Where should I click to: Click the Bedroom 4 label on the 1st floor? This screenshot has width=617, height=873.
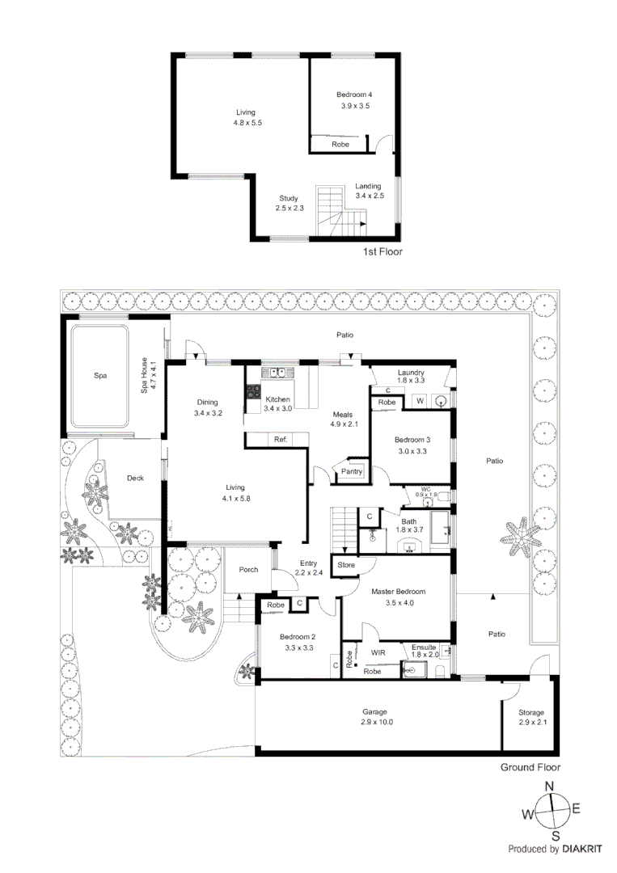(x=354, y=95)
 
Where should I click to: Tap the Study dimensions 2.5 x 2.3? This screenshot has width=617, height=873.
(x=289, y=209)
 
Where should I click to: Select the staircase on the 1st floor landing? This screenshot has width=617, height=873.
(x=340, y=212)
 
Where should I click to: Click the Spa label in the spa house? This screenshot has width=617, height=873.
(x=100, y=375)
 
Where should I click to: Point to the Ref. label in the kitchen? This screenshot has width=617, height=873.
(x=281, y=440)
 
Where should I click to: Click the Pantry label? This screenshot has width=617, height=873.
(x=352, y=471)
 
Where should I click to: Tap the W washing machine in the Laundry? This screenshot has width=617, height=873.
(x=420, y=400)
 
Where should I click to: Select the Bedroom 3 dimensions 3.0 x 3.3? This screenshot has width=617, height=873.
(x=412, y=451)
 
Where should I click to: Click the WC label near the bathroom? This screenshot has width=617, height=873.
(x=425, y=488)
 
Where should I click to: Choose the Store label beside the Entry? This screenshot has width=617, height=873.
(x=346, y=564)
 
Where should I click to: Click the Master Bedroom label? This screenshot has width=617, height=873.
(x=398, y=592)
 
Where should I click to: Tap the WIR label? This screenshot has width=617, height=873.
(x=378, y=652)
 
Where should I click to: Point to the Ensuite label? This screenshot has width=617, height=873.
(x=424, y=647)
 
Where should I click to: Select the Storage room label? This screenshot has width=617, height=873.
(x=531, y=712)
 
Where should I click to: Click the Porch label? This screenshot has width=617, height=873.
(x=249, y=569)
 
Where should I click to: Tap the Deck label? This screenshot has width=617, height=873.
(x=135, y=479)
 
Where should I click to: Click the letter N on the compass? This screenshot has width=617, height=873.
(x=549, y=786)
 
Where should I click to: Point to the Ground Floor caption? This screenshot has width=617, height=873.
(x=530, y=768)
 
